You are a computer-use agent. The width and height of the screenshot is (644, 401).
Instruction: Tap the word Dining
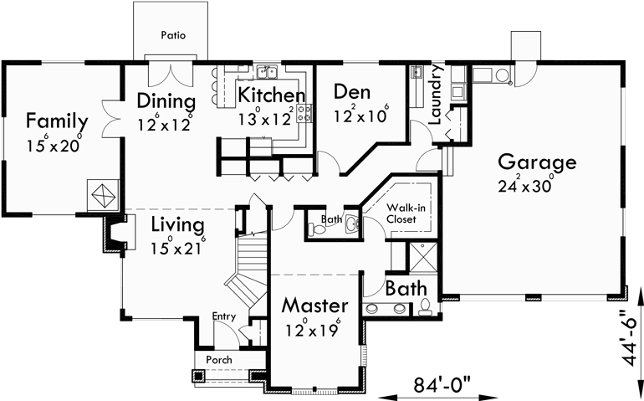(166, 102)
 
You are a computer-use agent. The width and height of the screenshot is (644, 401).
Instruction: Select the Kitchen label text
(270, 95)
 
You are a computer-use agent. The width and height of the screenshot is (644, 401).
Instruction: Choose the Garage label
(536, 162)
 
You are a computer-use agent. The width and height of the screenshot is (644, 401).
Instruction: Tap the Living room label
(177, 225)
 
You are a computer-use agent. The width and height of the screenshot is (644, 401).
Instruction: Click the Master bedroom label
(314, 303)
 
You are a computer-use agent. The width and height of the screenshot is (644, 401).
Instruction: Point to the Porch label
(219, 360)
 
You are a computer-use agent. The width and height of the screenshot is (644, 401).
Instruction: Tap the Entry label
(223, 316)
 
